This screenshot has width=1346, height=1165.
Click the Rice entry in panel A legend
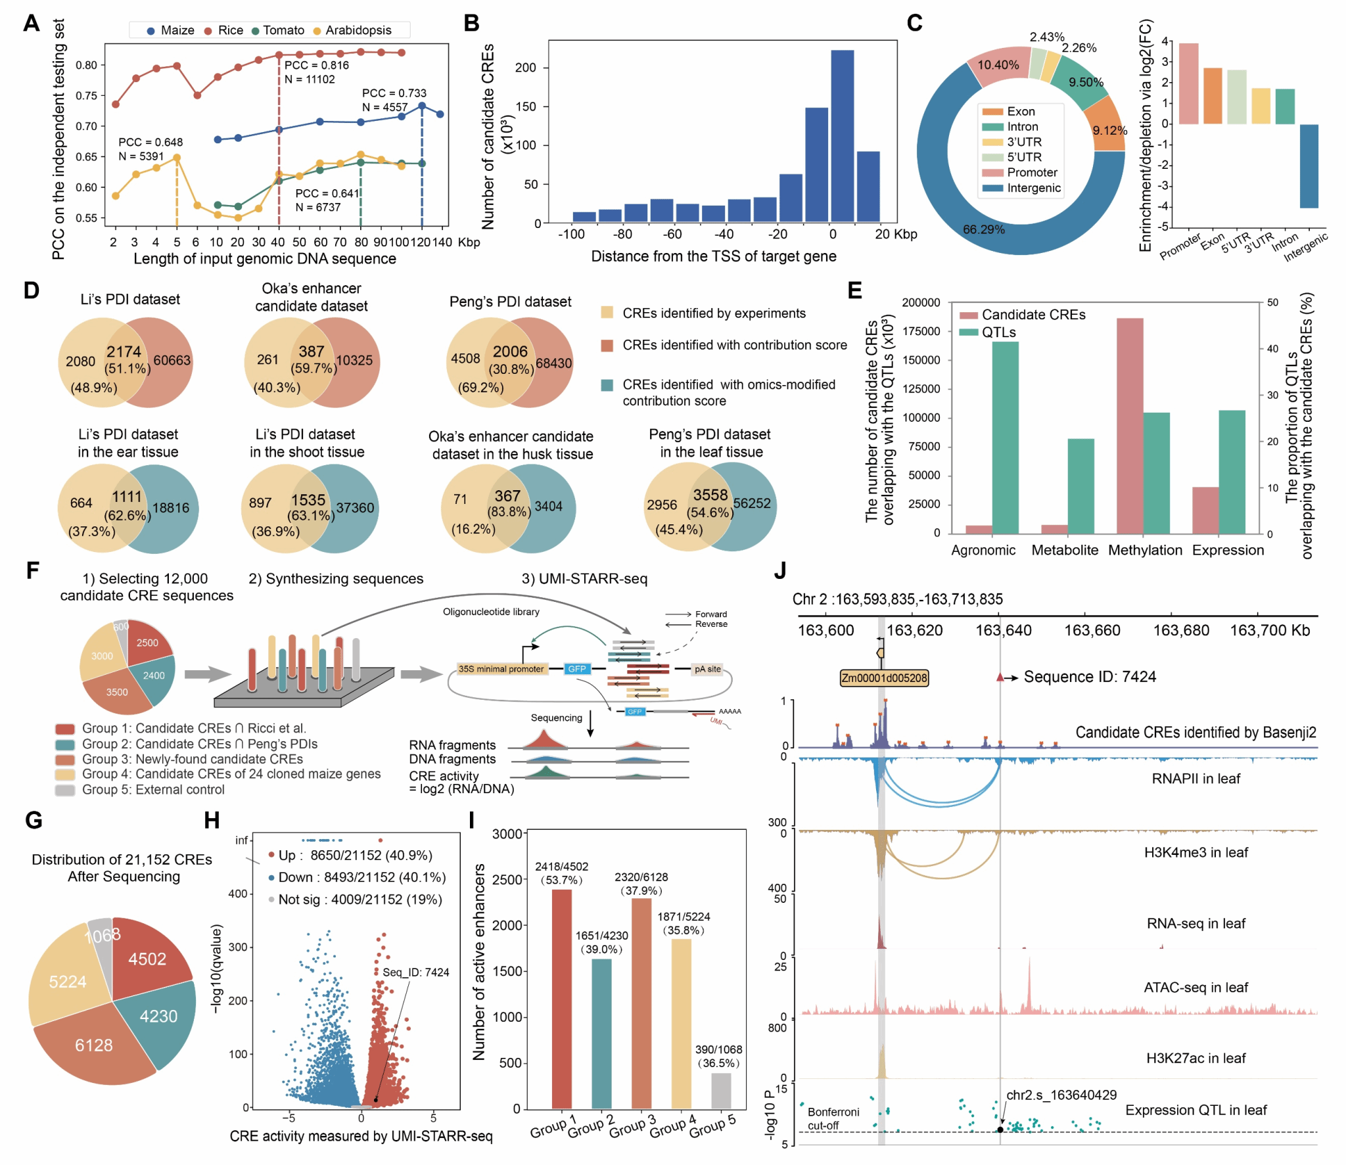229,30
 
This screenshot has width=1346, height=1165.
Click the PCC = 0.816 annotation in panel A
316,65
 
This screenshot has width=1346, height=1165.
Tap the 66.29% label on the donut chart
983,229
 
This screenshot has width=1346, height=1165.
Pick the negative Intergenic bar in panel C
1308,166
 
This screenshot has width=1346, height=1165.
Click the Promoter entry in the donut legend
1031,173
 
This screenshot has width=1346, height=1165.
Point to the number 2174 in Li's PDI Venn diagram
124,352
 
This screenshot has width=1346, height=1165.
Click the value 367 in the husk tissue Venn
507,496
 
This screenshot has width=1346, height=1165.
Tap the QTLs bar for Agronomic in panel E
1005,438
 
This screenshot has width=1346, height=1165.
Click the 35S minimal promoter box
501,669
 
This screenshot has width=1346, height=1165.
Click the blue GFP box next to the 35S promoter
576,669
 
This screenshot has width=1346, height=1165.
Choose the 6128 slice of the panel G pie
94,1045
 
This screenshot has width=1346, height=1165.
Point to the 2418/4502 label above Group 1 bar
561,867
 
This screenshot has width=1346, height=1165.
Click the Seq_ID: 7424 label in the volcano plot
416,972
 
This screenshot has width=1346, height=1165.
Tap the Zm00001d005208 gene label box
884,677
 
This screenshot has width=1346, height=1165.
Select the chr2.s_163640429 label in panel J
1061,1095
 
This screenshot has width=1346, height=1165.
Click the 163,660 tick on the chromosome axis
1092,630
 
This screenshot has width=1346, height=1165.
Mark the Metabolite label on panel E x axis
1064,550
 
